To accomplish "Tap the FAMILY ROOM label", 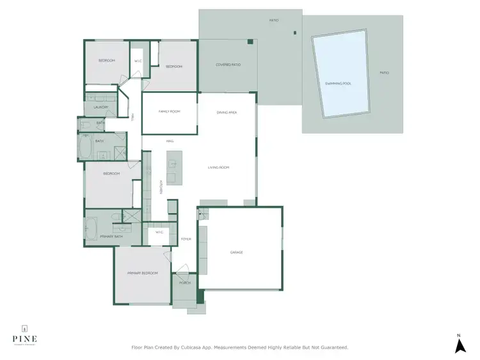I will pyautogui.click(x=170, y=111).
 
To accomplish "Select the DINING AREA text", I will pyautogui.click(x=227, y=113).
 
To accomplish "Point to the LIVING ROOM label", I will pyautogui.click(x=218, y=168).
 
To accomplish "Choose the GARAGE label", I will pyautogui.click(x=236, y=252).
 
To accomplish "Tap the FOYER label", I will pyautogui.click(x=186, y=239).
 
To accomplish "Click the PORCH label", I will pyautogui.click(x=185, y=283).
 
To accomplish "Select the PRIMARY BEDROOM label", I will pyautogui.click(x=142, y=273).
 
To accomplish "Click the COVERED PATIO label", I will pyautogui.click(x=227, y=65).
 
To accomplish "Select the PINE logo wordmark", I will pyautogui.click(x=24, y=338).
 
